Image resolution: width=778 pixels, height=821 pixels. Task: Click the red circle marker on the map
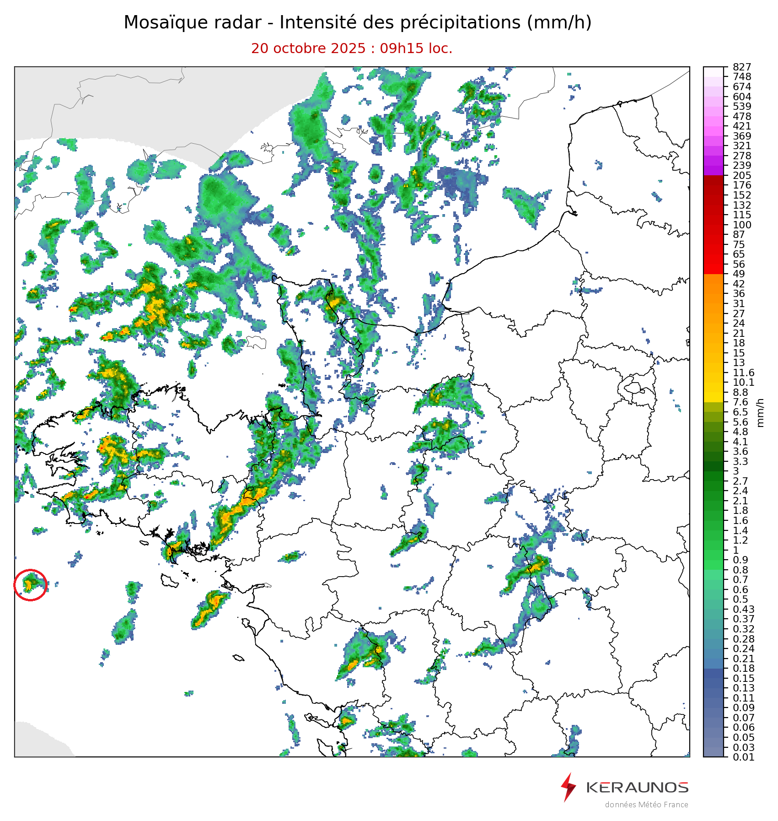[x=30, y=584]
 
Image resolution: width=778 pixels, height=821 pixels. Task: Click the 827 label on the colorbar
[x=742, y=67]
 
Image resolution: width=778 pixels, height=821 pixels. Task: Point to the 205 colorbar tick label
[x=742, y=176]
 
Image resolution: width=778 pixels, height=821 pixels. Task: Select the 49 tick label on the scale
[x=739, y=274]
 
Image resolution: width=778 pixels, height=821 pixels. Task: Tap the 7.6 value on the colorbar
[x=740, y=402]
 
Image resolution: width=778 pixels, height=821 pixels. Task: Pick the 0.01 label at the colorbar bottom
[x=743, y=757]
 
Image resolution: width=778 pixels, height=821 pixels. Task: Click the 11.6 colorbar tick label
[x=743, y=373]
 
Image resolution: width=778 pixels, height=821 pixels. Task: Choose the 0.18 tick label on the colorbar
[x=743, y=669]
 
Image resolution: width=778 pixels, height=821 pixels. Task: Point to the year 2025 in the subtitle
[x=349, y=49]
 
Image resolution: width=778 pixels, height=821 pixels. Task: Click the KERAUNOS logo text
[x=637, y=787]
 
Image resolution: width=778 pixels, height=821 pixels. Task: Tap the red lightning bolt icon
[x=568, y=787]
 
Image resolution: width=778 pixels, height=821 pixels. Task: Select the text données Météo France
[x=646, y=805]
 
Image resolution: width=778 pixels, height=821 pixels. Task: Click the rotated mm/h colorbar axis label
[x=761, y=412]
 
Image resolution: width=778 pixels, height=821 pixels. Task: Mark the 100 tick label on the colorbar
[x=742, y=225]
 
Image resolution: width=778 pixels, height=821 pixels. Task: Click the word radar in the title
[x=244, y=23]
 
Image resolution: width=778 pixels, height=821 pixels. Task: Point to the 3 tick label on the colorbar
[x=735, y=471]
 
